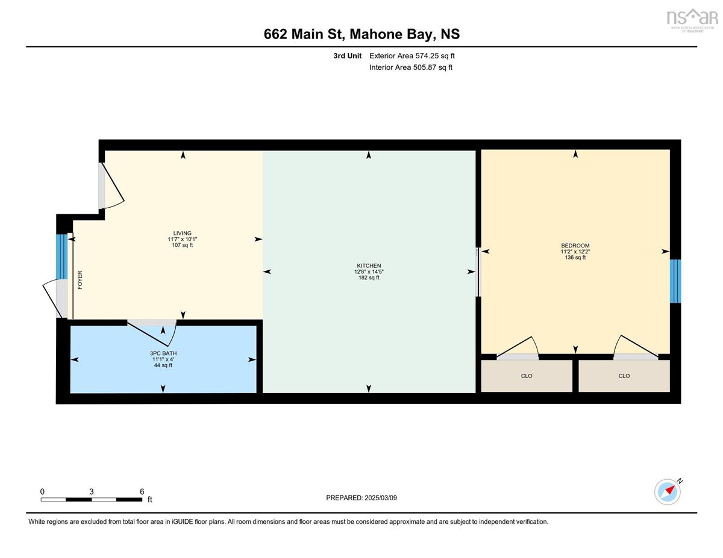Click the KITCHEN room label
(368, 265)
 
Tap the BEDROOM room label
(575, 246)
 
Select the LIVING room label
(182, 234)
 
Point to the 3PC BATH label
(163, 353)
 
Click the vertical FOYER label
(80, 280)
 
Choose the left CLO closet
(527, 376)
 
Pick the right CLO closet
(624, 376)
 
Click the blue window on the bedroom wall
(675, 281)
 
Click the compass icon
(668, 492)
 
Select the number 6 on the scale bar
(142, 491)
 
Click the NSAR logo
(692, 19)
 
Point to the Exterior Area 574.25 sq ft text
(412, 55)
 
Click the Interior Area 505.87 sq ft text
(411, 67)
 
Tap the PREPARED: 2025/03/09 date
(361, 498)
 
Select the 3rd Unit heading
(348, 55)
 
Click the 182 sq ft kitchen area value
(369, 278)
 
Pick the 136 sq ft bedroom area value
(575, 258)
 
